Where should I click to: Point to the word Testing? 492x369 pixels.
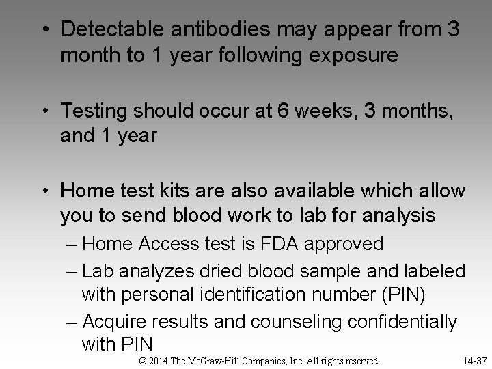pos(95,109)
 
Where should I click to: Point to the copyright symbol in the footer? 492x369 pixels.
pos(142,360)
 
